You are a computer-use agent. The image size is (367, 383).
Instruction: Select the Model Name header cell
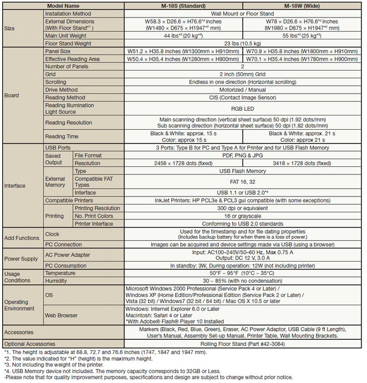(x=63, y=4)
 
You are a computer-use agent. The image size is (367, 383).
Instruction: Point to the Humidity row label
(x=57, y=281)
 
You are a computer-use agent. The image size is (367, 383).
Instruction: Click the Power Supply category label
(x=21, y=258)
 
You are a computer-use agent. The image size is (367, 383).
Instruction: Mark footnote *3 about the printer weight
(x=55, y=364)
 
